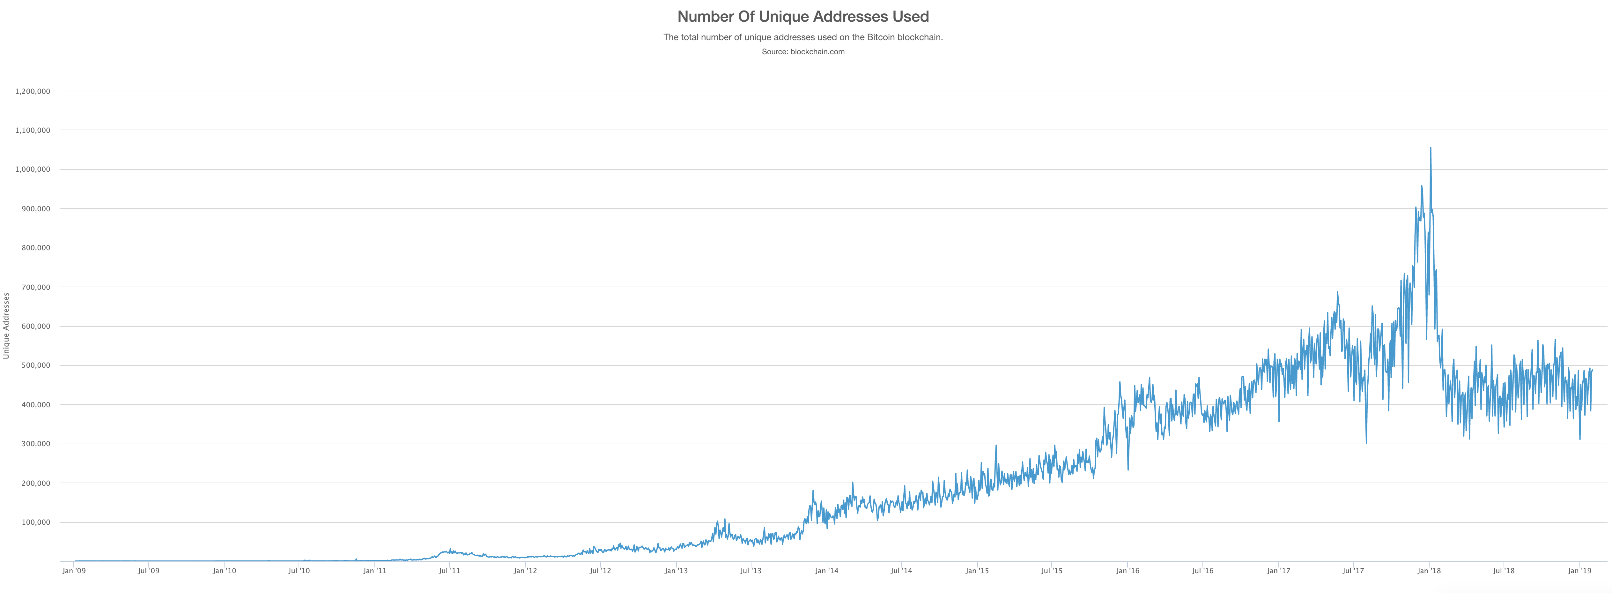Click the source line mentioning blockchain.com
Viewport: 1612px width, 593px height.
click(803, 52)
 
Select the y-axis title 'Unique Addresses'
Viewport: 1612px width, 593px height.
click(6, 326)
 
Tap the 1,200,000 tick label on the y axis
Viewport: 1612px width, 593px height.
click(33, 91)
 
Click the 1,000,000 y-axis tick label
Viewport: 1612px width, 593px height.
click(33, 170)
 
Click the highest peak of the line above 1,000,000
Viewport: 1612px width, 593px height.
click(1431, 148)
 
